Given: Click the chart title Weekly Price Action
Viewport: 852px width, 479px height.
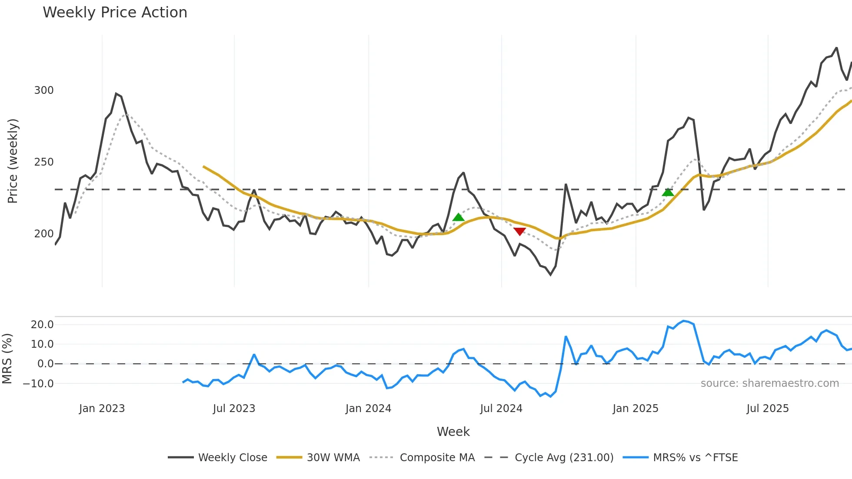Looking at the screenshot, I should pos(115,13).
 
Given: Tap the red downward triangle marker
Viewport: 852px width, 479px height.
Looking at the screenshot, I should pos(519,231).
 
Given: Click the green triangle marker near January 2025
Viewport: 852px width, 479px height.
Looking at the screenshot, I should pos(668,192).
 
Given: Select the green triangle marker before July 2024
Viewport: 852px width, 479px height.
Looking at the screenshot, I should pos(458,217).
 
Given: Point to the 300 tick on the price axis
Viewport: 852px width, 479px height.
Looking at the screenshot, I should pos(44,90).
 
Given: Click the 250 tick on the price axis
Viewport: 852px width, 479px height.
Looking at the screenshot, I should pos(44,162).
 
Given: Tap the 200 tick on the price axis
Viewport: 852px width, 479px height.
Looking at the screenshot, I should pos(44,234).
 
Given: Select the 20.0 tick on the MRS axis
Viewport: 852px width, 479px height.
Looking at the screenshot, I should pos(42,325).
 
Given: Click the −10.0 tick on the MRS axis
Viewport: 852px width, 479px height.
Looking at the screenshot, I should pos(38,384).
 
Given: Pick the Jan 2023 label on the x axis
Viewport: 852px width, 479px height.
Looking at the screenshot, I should pos(102,409).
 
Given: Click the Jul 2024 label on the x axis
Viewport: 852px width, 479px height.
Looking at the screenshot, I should pos(501,409).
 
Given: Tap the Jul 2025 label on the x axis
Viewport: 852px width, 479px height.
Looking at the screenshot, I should pos(768,409).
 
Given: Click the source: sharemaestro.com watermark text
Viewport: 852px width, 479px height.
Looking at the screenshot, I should pos(769,383).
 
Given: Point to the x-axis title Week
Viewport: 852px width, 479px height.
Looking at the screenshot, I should pos(453,432).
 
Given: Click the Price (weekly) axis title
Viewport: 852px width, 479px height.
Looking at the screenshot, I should pos(13,161).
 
